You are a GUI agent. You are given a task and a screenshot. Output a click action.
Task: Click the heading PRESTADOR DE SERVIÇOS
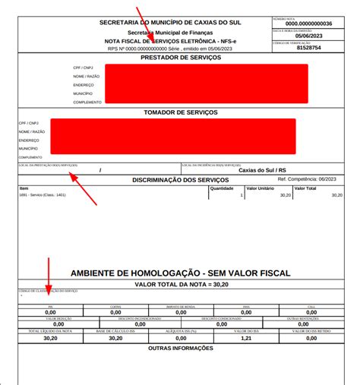tap(180, 58)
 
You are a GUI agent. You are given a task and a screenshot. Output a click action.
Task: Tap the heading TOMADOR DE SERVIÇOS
tap(180, 112)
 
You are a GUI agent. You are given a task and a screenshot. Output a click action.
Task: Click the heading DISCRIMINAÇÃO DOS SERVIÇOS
tap(180, 179)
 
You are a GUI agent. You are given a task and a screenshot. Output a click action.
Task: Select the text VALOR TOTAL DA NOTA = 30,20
tap(180, 284)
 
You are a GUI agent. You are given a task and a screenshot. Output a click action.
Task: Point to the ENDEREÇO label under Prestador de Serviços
tap(83, 84)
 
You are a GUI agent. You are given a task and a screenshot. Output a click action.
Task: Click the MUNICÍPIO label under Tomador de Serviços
tap(30, 149)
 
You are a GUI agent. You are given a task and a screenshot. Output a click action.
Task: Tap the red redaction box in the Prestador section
tap(206, 84)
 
